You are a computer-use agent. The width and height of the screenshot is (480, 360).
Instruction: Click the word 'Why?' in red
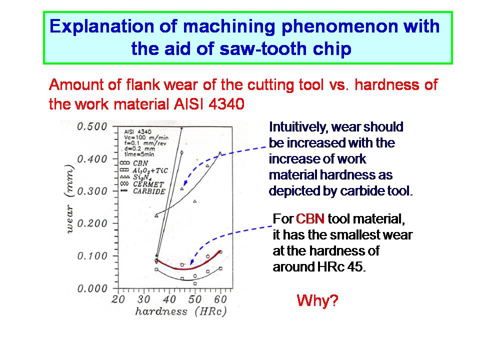(x=317, y=300)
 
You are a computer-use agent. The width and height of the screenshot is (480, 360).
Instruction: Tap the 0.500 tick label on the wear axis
(x=92, y=126)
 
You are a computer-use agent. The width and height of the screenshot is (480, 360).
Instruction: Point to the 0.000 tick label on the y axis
(x=92, y=288)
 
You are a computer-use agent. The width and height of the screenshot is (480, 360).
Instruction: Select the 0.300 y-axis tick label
(x=92, y=191)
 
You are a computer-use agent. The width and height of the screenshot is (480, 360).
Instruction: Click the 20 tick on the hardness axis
(x=118, y=299)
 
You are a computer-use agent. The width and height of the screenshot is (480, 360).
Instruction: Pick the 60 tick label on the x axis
(x=220, y=299)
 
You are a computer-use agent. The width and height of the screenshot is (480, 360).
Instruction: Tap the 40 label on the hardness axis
(x=169, y=299)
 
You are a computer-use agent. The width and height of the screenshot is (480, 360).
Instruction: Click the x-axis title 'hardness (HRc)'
(x=181, y=311)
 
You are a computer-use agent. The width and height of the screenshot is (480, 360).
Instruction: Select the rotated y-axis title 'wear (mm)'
(x=70, y=199)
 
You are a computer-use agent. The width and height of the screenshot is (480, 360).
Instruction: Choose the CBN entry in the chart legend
(x=134, y=163)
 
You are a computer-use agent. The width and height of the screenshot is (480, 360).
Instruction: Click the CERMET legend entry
(x=142, y=184)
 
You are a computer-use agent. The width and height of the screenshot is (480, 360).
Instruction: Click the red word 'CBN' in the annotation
(x=310, y=219)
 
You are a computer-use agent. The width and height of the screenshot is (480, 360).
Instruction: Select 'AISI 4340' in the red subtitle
(x=209, y=104)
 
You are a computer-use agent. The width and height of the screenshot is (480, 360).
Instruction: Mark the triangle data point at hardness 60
(x=220, y=153)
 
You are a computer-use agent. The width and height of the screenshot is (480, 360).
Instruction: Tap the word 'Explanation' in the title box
(x=102, y=26)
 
